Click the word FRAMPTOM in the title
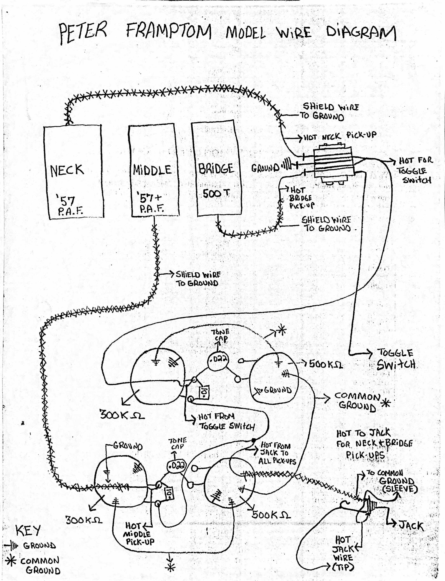[168, 32]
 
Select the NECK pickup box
[73, 172]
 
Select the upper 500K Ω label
[326, 365]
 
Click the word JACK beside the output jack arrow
[411, 526]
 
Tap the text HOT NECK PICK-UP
[340, 136]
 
